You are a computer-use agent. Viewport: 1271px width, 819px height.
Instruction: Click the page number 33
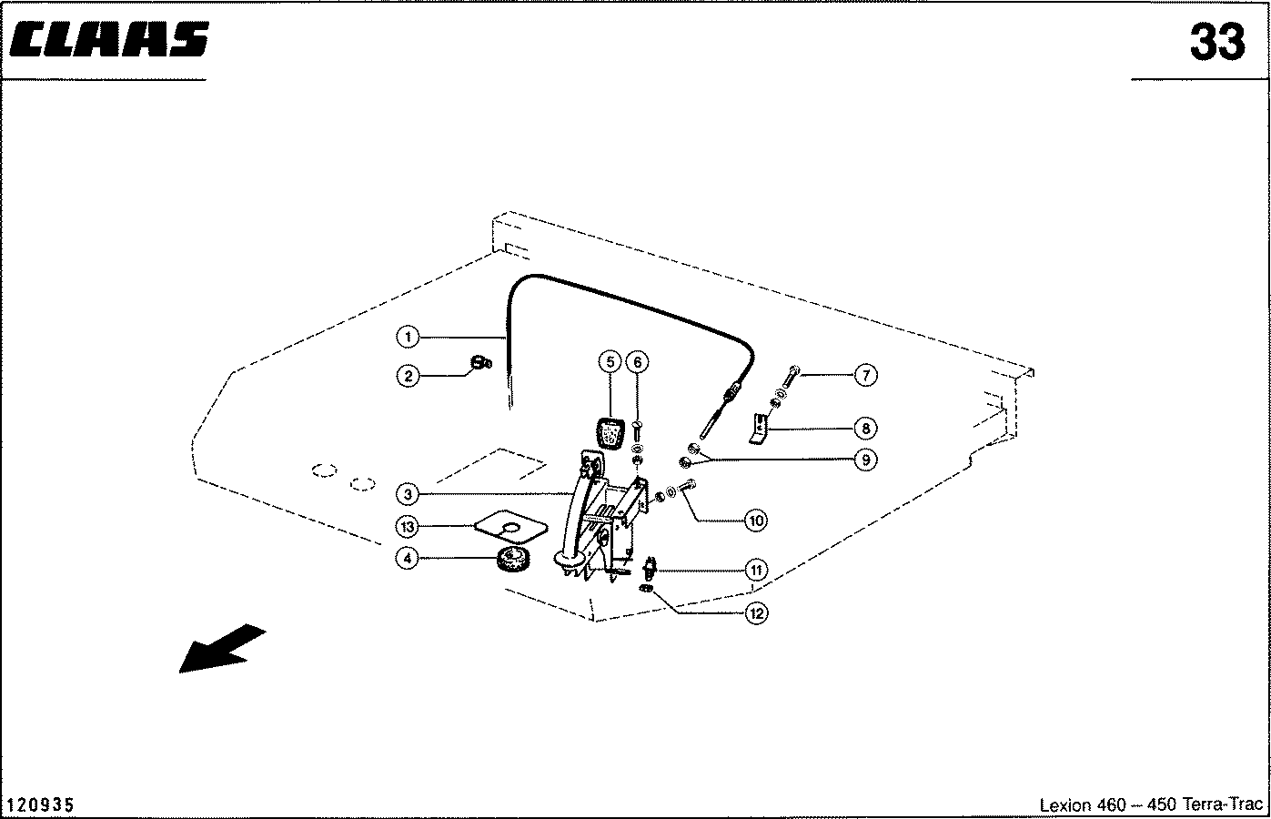click(1216, 42)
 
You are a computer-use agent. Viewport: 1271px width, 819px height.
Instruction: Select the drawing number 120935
click(41, 805)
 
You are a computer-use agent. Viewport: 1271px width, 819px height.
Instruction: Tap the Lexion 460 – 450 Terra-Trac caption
click(1151, 805)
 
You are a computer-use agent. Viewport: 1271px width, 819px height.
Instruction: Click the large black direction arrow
click(221, 648)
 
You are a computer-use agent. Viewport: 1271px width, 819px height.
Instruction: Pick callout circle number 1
click(408, 338)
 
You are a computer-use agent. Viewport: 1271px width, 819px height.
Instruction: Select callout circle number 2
click(408, 375)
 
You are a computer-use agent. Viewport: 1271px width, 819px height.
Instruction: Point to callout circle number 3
click(408, 494)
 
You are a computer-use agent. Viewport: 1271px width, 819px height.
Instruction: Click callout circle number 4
click(408, 558)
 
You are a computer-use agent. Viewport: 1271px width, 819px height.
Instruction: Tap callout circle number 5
click(610, 362)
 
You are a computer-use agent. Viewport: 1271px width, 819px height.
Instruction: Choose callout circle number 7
click(865, 374)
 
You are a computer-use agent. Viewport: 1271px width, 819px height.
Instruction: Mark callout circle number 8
click(865, 428)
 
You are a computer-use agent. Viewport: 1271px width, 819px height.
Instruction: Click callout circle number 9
click(865, 460)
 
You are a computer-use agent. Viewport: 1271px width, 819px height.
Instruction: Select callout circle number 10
click(755, 521)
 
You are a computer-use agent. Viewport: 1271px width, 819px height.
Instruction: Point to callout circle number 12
click(755, 613)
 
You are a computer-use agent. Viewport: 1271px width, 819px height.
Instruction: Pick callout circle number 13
click(408, 526)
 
